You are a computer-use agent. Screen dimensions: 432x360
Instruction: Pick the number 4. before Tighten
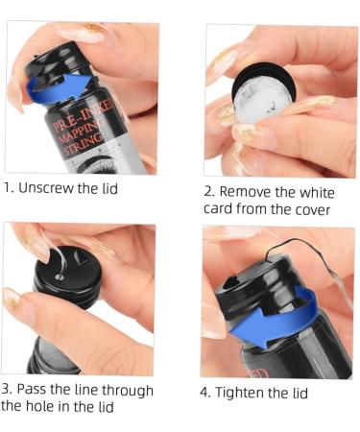(208, 394)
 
